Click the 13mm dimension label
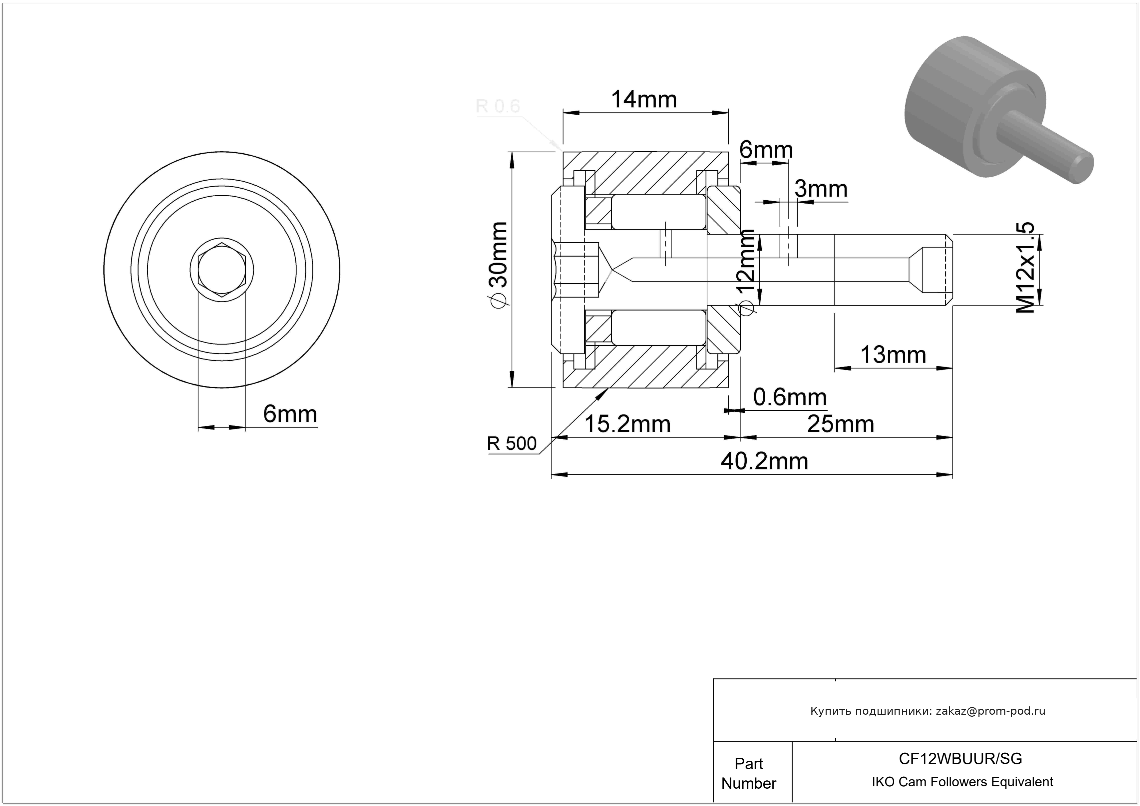point(893,355)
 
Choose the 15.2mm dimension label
point(627,424)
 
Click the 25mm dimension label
point(841,424)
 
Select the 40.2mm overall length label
point(765,461)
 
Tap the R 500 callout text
point(512,443)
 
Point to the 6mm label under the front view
point(290,414)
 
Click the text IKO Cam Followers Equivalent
point(962,782)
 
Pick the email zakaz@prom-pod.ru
point(990,711)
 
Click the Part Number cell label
point(749,773)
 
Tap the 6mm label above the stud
point(766,150)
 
